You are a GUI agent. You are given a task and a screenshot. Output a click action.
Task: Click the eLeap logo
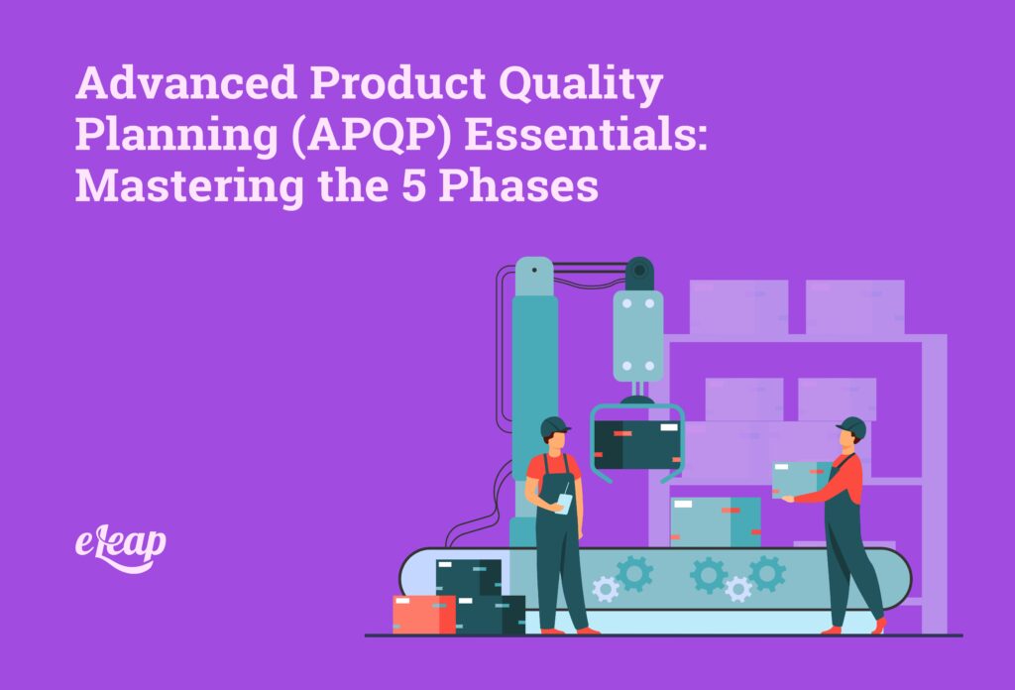click(120, 544)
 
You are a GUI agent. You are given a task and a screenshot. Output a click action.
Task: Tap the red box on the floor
click(423, 614)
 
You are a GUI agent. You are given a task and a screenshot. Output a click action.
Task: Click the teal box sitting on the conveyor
click(715, 521)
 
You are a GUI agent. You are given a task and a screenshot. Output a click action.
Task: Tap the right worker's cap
click(850, 427)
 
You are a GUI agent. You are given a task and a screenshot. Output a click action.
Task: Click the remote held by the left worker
click(564, 502)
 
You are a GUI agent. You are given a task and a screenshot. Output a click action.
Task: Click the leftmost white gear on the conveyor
click(606, 590)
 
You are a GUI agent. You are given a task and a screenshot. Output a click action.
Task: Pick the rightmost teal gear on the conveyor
click(766, 573)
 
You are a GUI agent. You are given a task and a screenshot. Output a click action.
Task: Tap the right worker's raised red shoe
click(878, 625)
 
